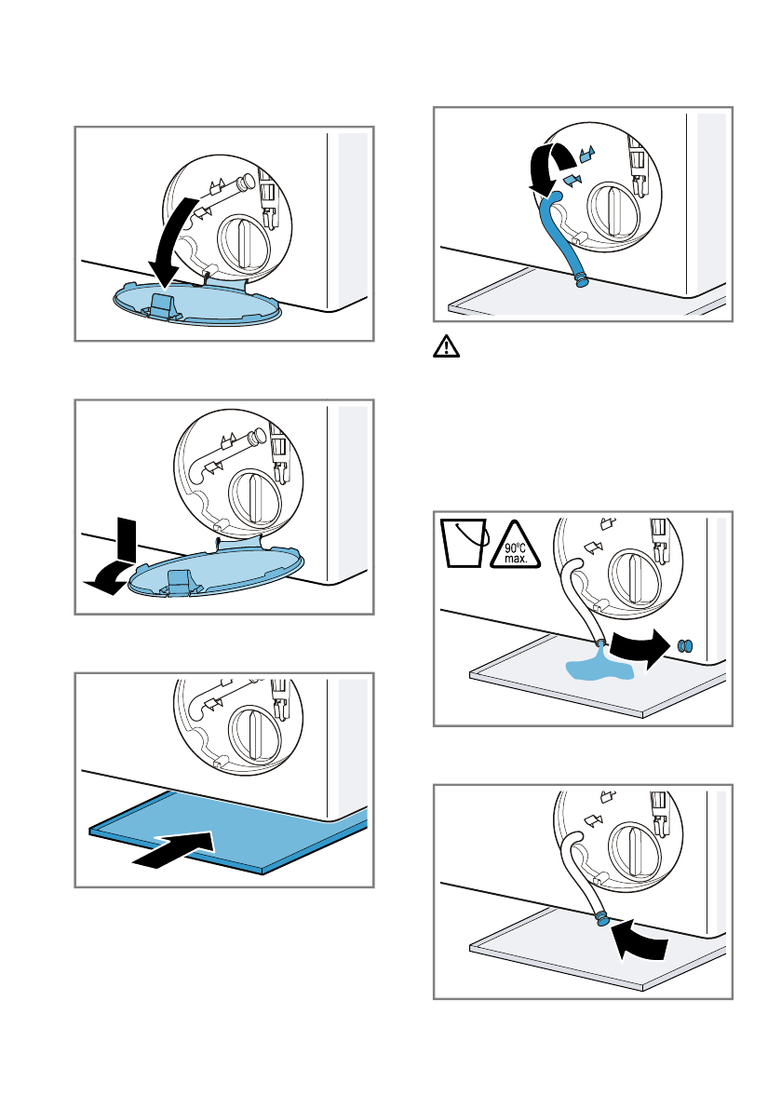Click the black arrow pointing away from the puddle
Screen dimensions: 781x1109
tap(640, 648)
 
